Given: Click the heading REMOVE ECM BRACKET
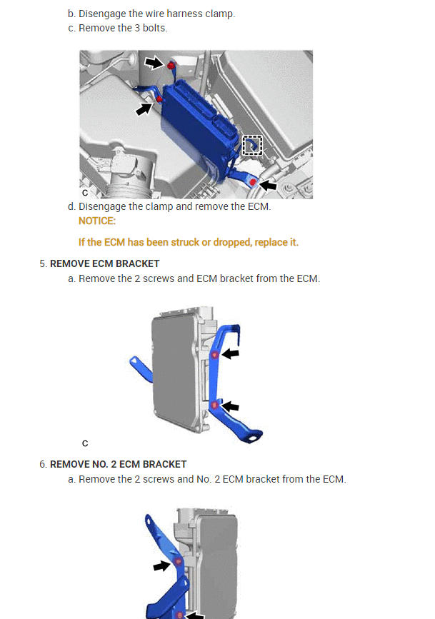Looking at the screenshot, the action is (104, 263).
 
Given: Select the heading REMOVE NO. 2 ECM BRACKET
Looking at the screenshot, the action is (118, 464).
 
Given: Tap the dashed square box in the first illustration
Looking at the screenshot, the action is (252, 145).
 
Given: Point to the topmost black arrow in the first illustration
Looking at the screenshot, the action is (154, 63).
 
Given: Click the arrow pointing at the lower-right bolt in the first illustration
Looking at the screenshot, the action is (267, 185).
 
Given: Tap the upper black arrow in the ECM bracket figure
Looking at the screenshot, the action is (230, 353).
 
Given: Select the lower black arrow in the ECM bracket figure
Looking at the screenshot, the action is (230, 406).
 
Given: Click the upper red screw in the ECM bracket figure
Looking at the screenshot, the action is (214, 355).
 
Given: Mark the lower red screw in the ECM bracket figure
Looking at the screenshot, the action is (214, 406).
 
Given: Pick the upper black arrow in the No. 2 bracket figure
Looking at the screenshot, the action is (162, 565).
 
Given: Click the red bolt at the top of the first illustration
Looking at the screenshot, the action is (171, 66).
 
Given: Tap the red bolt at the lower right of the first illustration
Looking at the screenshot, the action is (253, 183).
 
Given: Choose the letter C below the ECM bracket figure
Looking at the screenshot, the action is (85, 443).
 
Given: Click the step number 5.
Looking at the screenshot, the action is (42, 263).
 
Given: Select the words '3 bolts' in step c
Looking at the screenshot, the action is (151, 28).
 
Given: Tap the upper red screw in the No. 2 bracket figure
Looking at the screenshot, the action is (179, 562).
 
